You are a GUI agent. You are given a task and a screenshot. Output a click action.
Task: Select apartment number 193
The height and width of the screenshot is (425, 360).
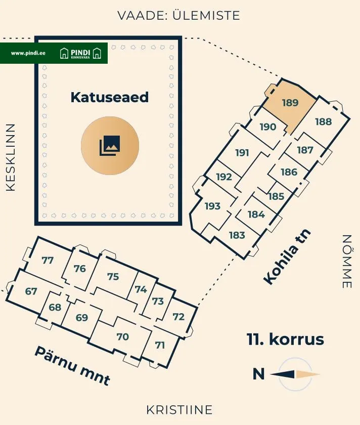click(x=213, y=206)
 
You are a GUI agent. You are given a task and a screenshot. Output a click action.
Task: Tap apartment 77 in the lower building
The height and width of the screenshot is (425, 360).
click(x=48, y=260)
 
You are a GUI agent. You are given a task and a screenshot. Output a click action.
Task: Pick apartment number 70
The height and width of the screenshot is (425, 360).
click(x=123, y=336)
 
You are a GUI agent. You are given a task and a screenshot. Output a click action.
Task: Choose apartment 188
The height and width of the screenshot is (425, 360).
click(x=324, y=122)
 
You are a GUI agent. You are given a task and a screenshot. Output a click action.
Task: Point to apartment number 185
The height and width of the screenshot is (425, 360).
click(x=276, y=196)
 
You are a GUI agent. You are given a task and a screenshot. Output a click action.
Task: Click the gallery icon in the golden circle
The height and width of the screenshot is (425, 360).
click(x=110, y=146)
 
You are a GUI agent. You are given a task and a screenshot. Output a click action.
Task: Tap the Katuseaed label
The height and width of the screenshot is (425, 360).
click(x=110, y=97)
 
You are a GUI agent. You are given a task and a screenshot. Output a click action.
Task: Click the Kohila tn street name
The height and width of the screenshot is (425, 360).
click(x=287, y=257)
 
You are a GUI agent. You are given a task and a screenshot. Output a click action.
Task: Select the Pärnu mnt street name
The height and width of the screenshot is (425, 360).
click(x=73, y=365)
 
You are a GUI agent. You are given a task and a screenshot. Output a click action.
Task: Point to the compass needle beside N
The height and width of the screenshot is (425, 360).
click(x=295, y=374)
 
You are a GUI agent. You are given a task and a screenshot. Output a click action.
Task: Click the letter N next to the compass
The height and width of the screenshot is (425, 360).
click(x=258, y=374)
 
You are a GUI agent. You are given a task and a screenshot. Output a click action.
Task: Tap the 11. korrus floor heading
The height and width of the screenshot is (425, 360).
click(x=285, y=339)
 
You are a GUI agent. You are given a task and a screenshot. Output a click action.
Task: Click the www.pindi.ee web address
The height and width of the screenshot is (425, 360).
click(x=28, y=53)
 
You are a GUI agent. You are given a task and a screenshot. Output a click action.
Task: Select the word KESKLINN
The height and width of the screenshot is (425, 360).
click(x=11, y=157)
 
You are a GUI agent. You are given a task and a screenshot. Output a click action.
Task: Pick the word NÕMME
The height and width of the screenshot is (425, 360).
click(x=347, y=261)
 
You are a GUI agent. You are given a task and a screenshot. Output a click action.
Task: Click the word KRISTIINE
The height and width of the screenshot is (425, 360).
click(x=179, y=410)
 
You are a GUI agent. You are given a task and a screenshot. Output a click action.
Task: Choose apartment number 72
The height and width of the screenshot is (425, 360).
click(x=178, y=317)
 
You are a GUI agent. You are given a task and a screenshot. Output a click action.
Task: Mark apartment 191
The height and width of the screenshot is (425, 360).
click(x=242, y=153)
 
